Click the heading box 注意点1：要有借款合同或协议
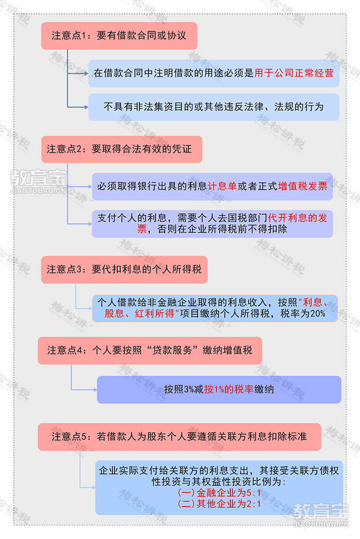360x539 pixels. point(119,36)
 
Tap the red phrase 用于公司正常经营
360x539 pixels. point(294,73)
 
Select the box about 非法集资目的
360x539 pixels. point(214,107)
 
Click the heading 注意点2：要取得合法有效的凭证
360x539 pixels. point(121,149)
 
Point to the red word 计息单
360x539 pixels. point(222,187)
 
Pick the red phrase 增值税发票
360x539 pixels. point(302,187)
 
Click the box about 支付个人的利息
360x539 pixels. point(212,224)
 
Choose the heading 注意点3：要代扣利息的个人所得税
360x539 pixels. point(124,269)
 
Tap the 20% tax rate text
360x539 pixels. point(318,313)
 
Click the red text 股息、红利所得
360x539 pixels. point(140,313)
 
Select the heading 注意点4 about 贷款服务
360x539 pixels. point(150,350)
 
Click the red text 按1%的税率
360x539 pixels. point(229,389)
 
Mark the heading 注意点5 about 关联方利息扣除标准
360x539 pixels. point(179,437)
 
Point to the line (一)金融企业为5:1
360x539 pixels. point(219,493)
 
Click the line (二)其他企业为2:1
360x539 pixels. point(219,504)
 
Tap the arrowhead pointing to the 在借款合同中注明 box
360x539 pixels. point(86,73)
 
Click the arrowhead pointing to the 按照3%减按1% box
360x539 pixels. point(95,389)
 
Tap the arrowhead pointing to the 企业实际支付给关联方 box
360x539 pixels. point(93,488)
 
